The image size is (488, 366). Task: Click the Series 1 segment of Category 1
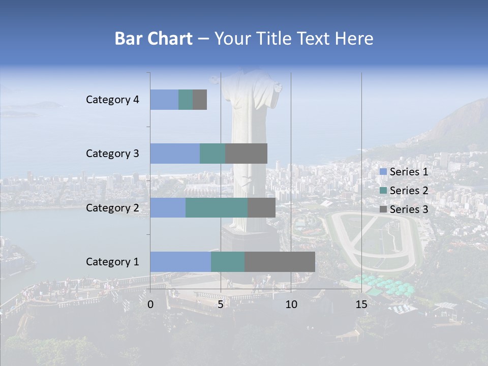tap(180, 262)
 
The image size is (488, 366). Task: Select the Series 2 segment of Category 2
tap(217, 207)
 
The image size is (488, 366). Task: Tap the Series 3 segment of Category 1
tap(280, 262)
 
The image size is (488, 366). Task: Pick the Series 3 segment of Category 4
tap(200, 100)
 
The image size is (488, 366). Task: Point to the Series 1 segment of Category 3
tap(175, 154)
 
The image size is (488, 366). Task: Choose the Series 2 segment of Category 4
tap(186, 100)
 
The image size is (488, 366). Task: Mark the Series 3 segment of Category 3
tap(246, 154)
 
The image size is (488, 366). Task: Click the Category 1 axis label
tap(112, 262)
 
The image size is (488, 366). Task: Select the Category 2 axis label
tap(112, 207)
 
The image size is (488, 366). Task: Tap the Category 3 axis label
tap(112, 154)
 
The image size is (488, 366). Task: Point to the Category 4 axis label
tap(112, 100)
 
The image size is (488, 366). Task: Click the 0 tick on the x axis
tap(150, 304)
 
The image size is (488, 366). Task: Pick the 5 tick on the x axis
tap(221, 304)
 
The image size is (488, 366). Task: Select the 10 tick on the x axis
tap(291, 304)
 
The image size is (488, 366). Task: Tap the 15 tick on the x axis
tap(361, 304)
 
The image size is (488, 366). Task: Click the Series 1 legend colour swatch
tap(383, 172)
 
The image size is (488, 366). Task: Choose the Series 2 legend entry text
tap(409, 191)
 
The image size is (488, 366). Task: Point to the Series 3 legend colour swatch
tap(383, 209)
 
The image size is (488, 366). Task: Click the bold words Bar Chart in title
tap(154, 39)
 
